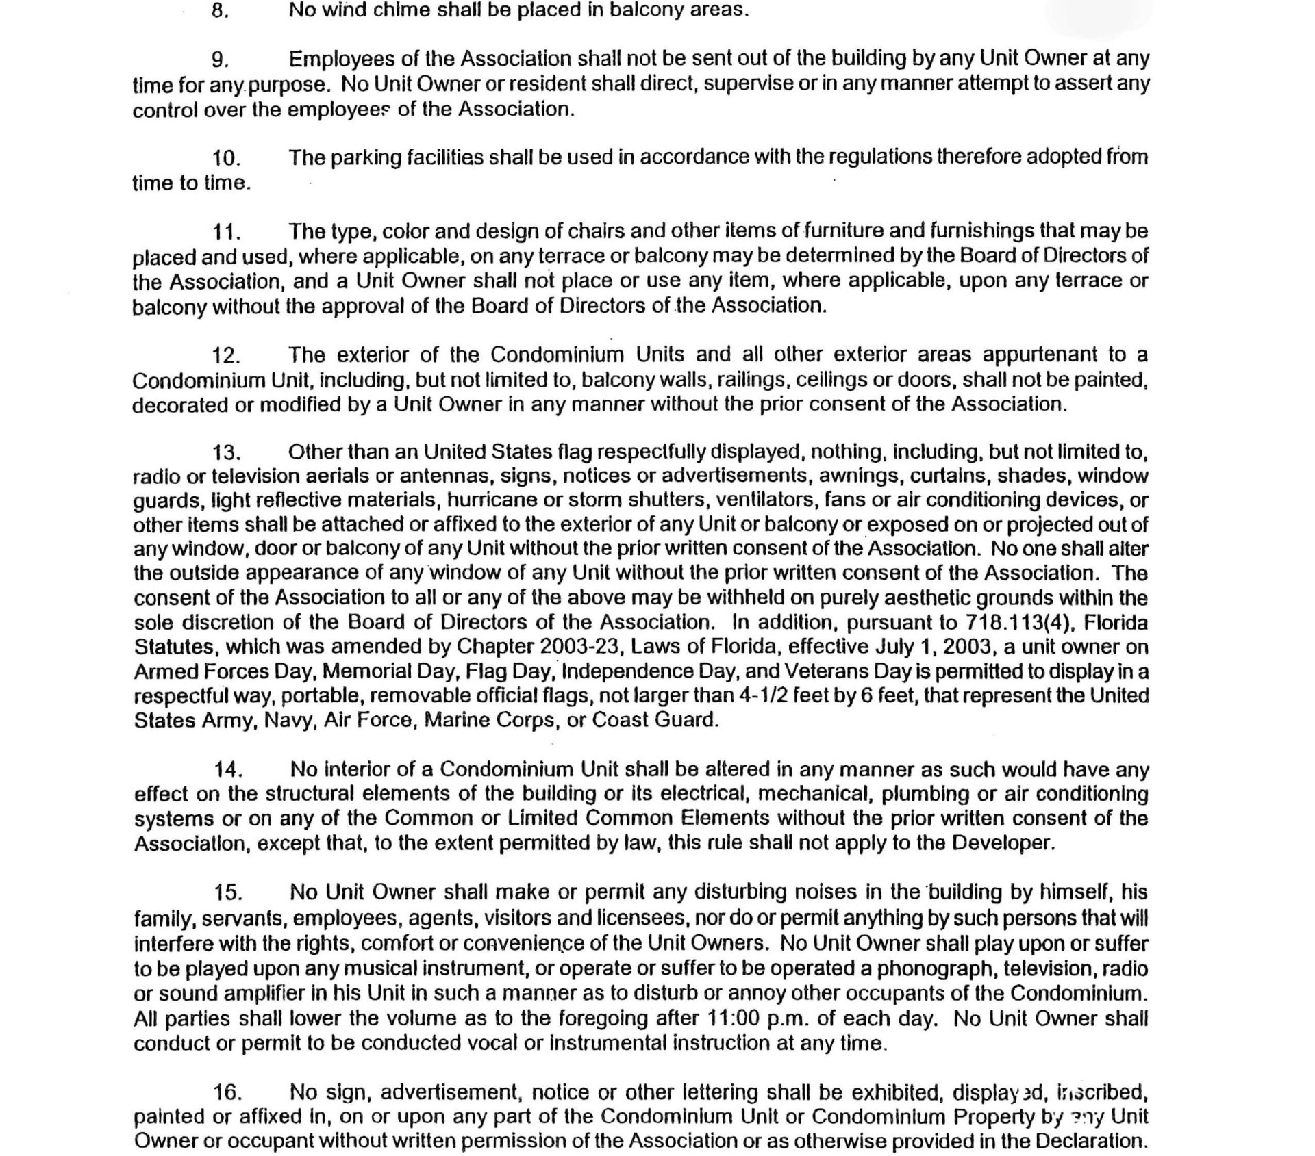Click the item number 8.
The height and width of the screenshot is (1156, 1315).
coord(220,12)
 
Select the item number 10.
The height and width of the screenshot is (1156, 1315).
coord(226,158)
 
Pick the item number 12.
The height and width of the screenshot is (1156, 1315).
coord(226,355)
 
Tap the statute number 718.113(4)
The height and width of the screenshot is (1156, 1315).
coord(1020,623)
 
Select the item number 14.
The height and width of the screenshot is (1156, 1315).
coord(229,770)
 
